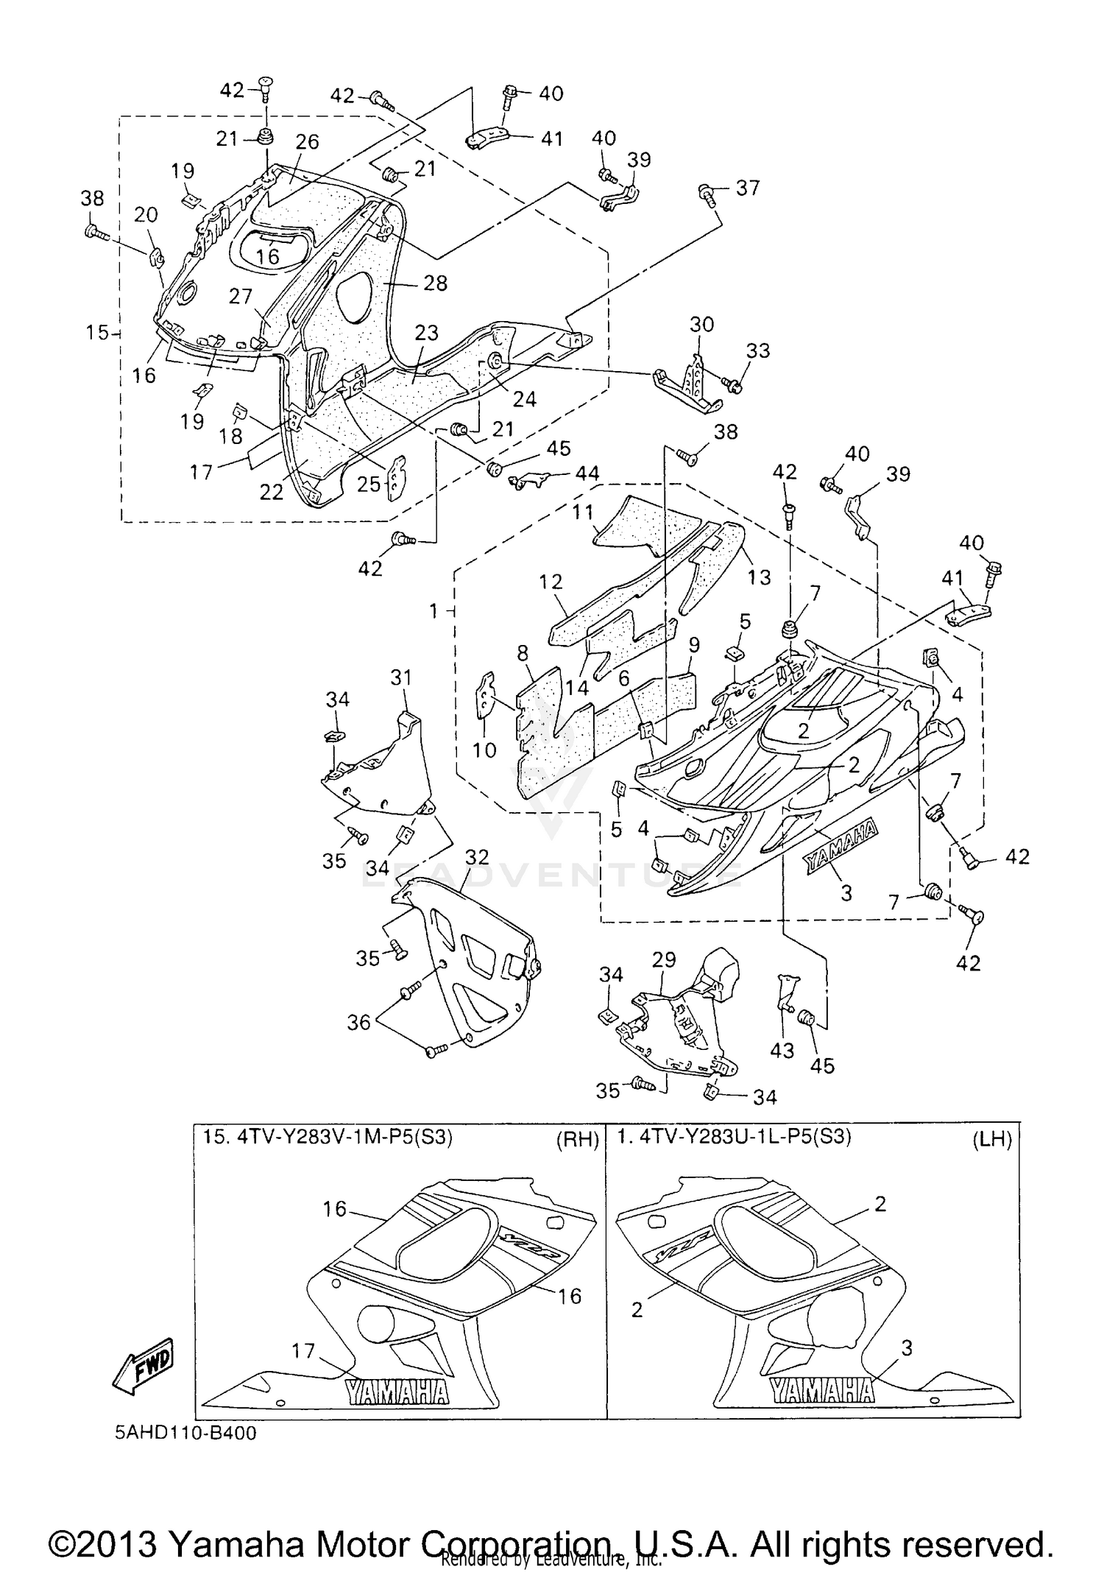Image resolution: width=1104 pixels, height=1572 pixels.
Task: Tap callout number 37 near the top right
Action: [747, 188]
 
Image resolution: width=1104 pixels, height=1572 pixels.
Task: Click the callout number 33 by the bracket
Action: [757, 350]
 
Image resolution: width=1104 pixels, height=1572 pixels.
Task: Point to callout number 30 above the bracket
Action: [701, 324]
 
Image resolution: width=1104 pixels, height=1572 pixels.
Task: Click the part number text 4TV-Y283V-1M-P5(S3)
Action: [328, 1137]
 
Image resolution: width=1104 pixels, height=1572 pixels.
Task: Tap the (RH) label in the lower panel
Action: [577, 1140]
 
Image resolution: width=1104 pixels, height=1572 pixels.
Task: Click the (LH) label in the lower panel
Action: [992, 1140]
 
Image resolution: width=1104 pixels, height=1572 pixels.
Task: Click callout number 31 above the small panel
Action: [401, 677]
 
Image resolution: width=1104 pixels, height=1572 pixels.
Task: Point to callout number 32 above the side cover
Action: [477, 856]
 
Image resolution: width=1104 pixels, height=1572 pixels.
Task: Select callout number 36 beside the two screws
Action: [358, 1023]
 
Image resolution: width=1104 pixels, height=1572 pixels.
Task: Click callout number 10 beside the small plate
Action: [485, 750]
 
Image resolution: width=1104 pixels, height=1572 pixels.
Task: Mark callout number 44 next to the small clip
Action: [587, 473]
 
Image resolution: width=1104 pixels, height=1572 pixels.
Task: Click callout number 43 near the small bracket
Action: [782, 1050]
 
